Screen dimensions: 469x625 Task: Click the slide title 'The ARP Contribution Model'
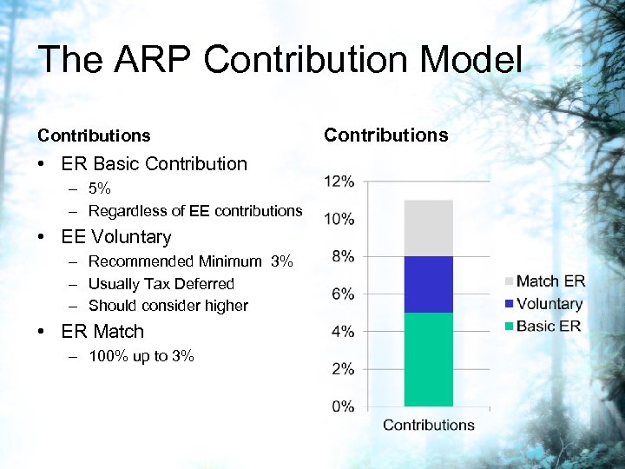pos(280,61)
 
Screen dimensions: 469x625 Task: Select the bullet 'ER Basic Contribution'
pos(154,164)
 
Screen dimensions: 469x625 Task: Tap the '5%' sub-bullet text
pos(100,188)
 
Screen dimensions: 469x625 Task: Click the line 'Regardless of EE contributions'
pos(195,211)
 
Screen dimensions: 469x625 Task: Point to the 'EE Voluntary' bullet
pos(116,237)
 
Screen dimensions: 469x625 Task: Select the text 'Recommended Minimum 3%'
pos(191,261)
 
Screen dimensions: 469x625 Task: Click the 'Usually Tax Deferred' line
pos(161,284)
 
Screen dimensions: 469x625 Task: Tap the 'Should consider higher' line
pos(168,306)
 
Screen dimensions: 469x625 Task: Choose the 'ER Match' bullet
pos(102,332)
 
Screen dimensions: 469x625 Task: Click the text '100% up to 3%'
pos(141,356)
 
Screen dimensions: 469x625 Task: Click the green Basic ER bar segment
pos(429,359)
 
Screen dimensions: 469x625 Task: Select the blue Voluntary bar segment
pos(429,284)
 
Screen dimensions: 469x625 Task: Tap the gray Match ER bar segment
pos(429,228)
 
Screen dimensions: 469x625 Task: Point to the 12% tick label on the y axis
pos(339,182)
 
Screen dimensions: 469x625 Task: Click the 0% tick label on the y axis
pos(342,406)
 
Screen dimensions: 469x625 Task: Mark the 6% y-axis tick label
pos(342,294)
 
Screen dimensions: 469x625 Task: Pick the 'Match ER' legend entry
pos(549,281)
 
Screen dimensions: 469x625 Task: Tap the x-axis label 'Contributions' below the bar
pos(429,425)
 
